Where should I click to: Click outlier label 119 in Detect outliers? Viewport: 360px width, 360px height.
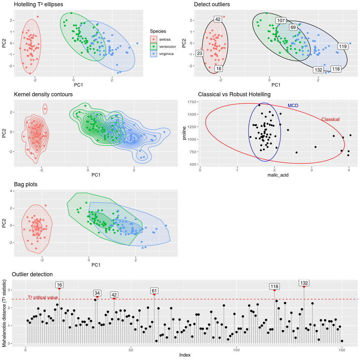343,46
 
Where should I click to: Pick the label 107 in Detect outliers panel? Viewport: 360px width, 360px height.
281,21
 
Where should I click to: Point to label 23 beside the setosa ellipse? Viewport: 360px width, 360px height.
200,53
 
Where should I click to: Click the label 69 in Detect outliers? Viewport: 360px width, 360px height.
293,27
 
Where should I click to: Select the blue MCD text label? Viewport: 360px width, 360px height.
293,106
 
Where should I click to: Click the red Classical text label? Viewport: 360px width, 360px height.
330,119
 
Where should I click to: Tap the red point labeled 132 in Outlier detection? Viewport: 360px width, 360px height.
304,286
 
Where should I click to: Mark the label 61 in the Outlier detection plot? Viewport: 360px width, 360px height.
154,291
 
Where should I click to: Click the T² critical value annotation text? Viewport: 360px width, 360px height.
43,297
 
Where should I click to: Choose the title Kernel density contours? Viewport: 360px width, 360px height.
43,94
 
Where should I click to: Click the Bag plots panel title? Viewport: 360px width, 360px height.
26,184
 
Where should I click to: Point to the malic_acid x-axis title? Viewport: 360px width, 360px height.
278,175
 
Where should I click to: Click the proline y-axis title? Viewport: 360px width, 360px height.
184,133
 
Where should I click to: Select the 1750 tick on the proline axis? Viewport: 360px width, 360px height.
192,102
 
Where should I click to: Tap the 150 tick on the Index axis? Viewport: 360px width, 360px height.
342,350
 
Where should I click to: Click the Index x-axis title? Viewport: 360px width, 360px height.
185,355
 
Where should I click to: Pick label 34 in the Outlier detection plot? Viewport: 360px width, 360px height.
97,293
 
